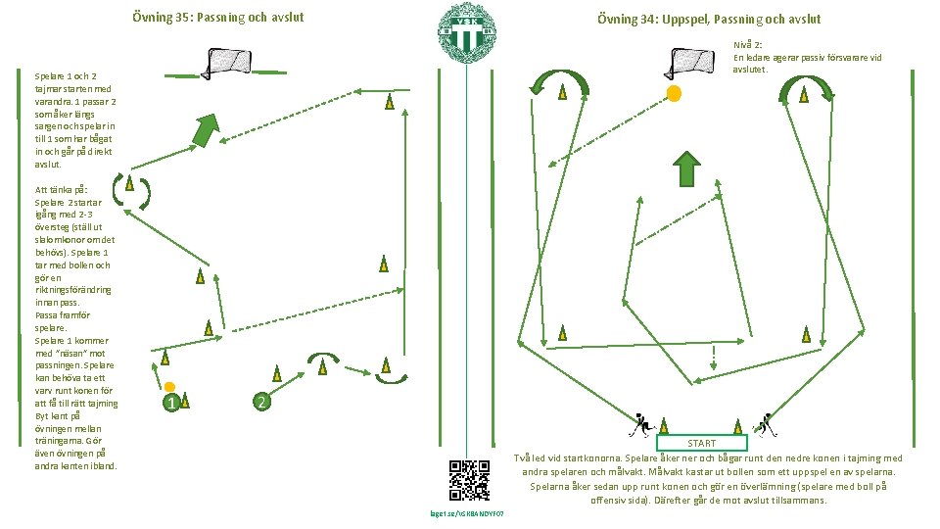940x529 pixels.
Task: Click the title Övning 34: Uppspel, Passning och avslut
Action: (x=709, y=19)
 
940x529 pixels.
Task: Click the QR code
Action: (x=469, y=480)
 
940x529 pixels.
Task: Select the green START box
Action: (x=701, y=443)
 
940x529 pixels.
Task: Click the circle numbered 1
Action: (x=170, y=403)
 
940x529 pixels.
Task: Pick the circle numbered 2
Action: (x=260, y=402)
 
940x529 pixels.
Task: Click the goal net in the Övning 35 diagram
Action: (x=231, y=63)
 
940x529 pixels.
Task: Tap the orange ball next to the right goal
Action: (x=674, y=93)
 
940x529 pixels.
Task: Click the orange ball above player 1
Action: (x=169, y=387)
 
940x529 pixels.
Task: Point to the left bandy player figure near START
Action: (x=641, y=424)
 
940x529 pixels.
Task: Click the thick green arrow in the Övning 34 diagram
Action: (x=688, y=168)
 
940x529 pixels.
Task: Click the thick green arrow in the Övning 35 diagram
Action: (x=205, y=129)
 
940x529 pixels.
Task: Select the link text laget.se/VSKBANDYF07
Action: (x=468, y=513)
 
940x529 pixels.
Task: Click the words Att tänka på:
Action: (x=62, y=189)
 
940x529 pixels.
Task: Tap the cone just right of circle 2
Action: (x=278, y=373)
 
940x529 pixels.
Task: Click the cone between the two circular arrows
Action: (x=129, y=183)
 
